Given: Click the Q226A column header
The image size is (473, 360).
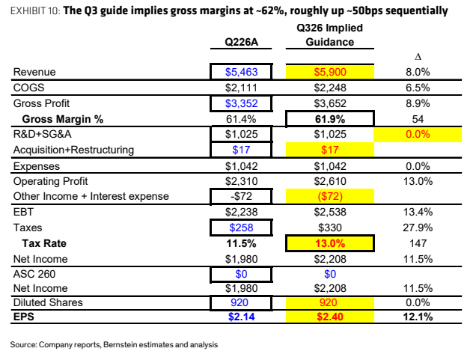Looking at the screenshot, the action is [241, 42].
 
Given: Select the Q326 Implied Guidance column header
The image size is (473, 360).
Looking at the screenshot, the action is [330, 34].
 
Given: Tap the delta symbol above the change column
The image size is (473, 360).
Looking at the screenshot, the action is [418, 57].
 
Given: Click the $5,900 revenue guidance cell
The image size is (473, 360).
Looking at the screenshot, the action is [330, 72].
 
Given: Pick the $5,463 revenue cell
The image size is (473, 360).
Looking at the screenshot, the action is [241, 72].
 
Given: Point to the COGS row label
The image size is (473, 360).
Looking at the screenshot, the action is [28, 88].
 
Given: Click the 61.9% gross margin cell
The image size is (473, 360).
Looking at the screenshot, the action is [330, 119].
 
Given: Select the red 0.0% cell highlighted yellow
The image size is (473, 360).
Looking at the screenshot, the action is [418, 134].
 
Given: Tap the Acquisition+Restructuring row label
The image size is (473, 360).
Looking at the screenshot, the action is [73, 150].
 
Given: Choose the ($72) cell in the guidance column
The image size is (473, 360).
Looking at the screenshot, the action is [330, 196].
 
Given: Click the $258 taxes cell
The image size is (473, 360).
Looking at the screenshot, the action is [241, 228].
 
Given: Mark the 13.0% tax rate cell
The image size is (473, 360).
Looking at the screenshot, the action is [330, 243].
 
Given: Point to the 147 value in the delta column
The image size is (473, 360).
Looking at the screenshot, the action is [418, 243].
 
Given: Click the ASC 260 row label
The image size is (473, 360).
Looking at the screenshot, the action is [34, 274].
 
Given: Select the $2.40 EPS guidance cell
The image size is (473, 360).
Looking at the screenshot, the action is [330, 317].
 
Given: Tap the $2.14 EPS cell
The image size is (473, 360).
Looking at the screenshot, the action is [241, 317].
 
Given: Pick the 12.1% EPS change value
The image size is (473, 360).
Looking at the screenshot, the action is [418, 317].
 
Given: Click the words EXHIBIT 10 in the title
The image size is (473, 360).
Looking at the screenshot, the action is [35, 11].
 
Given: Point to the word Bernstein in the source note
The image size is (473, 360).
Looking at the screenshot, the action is [118, 344].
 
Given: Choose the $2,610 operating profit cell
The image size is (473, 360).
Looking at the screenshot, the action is [330, 181].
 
